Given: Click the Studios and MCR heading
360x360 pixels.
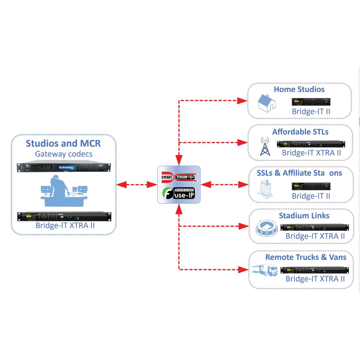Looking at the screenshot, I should click(x=63, y=143).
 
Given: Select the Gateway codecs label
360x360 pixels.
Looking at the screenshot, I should click(x=64, y=154).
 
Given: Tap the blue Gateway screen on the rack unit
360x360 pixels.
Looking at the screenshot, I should click(x=66, y=167).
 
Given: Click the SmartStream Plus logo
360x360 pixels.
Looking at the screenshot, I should click(x=179, y=177).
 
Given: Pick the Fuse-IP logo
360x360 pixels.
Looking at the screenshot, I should click(x=179, y=193).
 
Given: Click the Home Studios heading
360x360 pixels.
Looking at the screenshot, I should click(x=299, y=89).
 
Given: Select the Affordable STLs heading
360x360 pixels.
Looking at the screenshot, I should click(x=300, y=132).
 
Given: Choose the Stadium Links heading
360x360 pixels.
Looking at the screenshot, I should click(x=304, y=216).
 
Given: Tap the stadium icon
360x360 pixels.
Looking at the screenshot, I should click(x=266, y=228).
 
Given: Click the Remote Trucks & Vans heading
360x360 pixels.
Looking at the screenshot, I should click(x=306, y=257).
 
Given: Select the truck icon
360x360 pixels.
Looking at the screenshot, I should click(x=265, y=270).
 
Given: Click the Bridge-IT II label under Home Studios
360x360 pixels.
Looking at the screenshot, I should click(x=311, y=112).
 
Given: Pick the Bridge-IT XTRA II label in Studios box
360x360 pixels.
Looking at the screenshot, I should click(x=65, y=226).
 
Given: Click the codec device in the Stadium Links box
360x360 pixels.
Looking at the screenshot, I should click(x=314, y=227).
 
